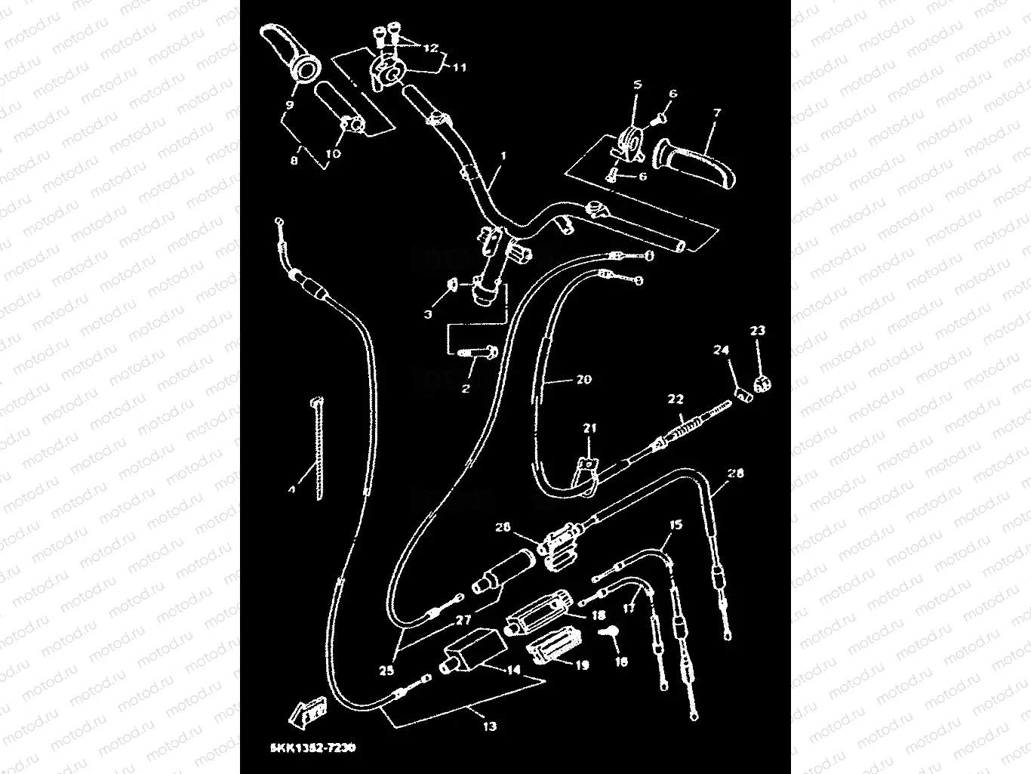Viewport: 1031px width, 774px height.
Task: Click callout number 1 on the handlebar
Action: pyautogui.click(x=503, y=156)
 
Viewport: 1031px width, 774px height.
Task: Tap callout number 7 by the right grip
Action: pyautogui.click(x=716, y=113)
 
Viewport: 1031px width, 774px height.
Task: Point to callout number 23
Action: pyautogui.click(x=757, y=330)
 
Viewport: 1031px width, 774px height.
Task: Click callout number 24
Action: pyautogui.click(x=722, y=350)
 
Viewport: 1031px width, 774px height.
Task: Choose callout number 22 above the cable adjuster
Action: pyautogui.click(x=675, y=399)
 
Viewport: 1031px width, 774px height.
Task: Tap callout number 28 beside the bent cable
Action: pyautogui.click(x=735, y=473)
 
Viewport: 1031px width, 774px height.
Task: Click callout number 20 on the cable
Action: pyautogui.click(x=583, y=380)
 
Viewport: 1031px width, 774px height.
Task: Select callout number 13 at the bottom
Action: pyautogui.click(x=489, y=726)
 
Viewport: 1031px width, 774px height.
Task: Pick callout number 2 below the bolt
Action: pyautogui.click(x=466, y=389)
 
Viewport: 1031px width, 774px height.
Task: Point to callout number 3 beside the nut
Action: pyautogui.click(x=428, y=314)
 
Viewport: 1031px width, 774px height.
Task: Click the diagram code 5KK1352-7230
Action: pyautogui.click(x=312, y=748)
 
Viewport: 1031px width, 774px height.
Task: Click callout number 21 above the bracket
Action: pyautogui.click(x=589, y=428)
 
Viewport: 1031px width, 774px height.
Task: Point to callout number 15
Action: pyautogui.click(x=676, y=524)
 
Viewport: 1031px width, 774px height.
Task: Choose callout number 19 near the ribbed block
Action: pyautogui.click(x=582, y=665)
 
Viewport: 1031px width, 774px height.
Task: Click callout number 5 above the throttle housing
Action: pyautogui.click(x=637, y=86)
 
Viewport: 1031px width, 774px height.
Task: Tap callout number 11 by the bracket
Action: pyautogui.click(x=459, y=67)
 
